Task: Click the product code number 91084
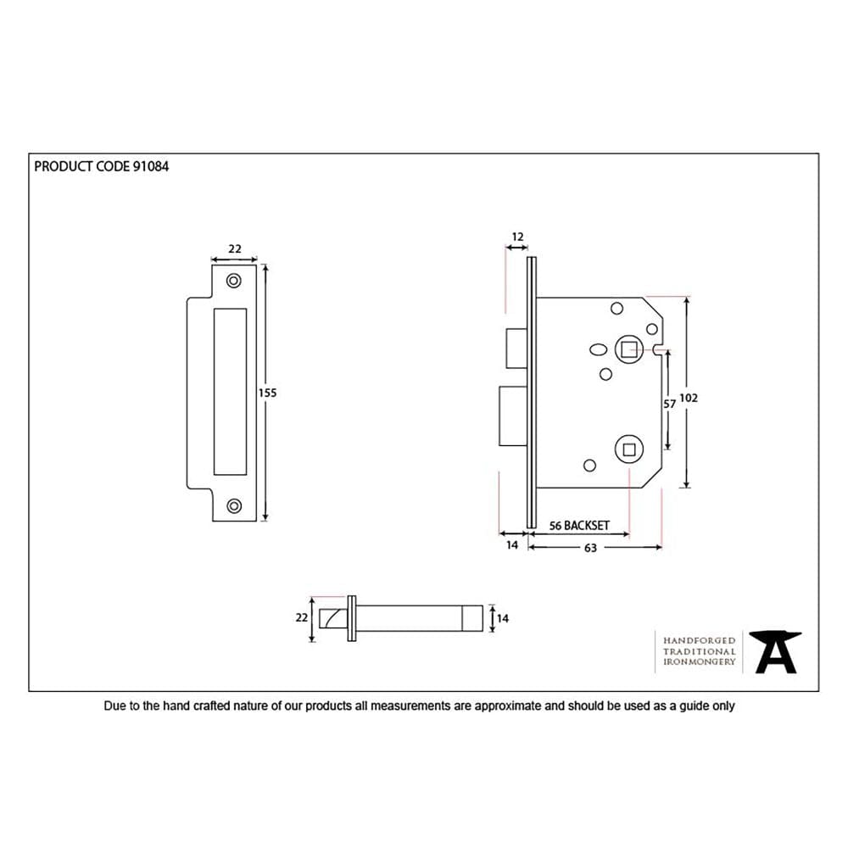(151, 167)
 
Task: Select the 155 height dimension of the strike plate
(268, 393)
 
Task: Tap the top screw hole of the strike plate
(233, 280)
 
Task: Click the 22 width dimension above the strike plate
(235, 249)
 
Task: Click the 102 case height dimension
(689, 397)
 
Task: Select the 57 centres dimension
(669, 404)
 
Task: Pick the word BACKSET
(588, 526)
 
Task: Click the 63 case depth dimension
(590, 548)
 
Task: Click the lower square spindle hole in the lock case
(628, 449)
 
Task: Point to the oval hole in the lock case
(596, 349)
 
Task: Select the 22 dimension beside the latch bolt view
(301, 618)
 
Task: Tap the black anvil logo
(775, 652)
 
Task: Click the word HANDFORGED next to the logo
(699, 640)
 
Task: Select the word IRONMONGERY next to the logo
(699, 661)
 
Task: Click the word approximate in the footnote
(507, 706)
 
